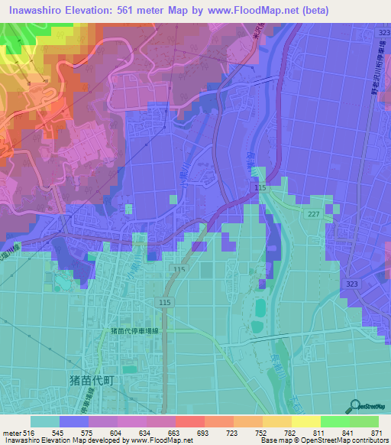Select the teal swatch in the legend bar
(x=45, y=421)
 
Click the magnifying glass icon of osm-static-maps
(x=356, y=406)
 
